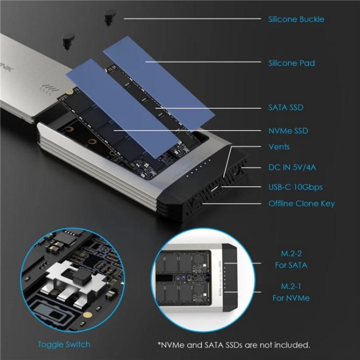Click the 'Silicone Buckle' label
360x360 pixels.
(x=296, y=19)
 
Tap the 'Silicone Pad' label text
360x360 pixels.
(x=291, y=63)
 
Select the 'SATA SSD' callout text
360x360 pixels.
(x=286, y=108)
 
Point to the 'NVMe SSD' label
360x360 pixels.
(x=288, y=131)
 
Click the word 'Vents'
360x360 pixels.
(x=279, y=147)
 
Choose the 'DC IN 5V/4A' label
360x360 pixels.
(x=292, y=168)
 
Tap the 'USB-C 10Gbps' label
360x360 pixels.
(x=295, y=187)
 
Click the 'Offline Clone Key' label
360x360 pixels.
(x=301, y=204)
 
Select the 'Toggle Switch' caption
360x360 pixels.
(x=64, y=344)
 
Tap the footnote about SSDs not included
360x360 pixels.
(x=233, y=345)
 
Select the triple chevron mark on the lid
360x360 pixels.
(x=49, y=89)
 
